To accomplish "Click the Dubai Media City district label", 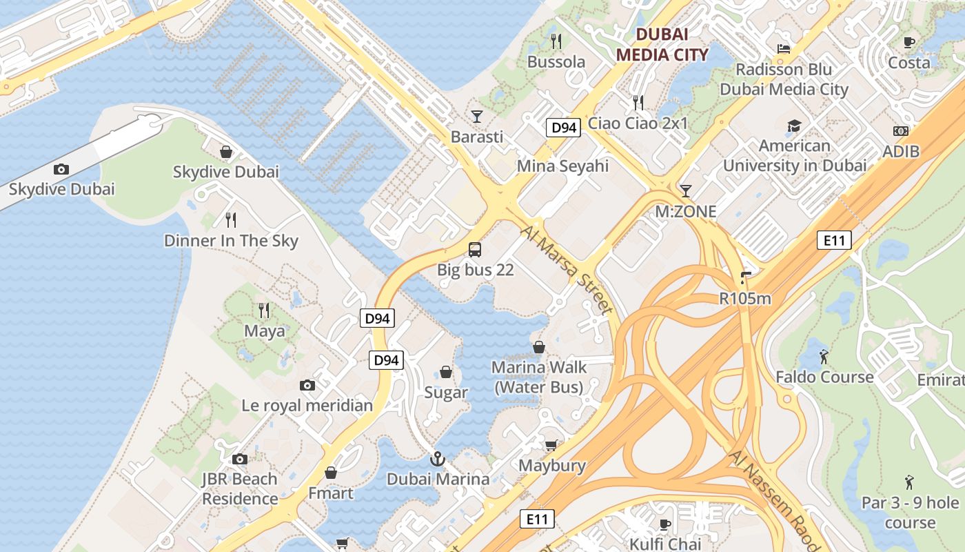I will (x=662, y=44).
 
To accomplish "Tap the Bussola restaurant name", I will (x=556, y=62).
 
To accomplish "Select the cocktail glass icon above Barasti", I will (x=476, y=116).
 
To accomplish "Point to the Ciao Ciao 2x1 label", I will (x=638, y=124).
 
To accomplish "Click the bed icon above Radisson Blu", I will (x=784, y=48).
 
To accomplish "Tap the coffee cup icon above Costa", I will (x=909, y=42).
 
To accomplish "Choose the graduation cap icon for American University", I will (x=794, y=126).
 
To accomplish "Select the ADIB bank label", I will (x=901, y=151).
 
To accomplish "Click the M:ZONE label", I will (x=685, y=212).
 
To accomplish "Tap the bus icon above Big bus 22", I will (x=475, y=249).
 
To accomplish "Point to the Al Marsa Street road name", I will (x=567, y=269).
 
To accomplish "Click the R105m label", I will (x=744, y=299).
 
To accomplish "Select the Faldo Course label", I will (x=824, y=377).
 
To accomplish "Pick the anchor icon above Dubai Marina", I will (x=437, y=458).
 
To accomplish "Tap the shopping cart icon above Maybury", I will (x=551, y=445).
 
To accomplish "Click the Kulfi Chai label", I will (x=665, y=544).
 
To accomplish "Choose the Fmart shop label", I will (x=331, y=493).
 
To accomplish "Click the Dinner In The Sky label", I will (x=231, y=241).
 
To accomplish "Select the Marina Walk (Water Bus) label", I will (x=538, y=377).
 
